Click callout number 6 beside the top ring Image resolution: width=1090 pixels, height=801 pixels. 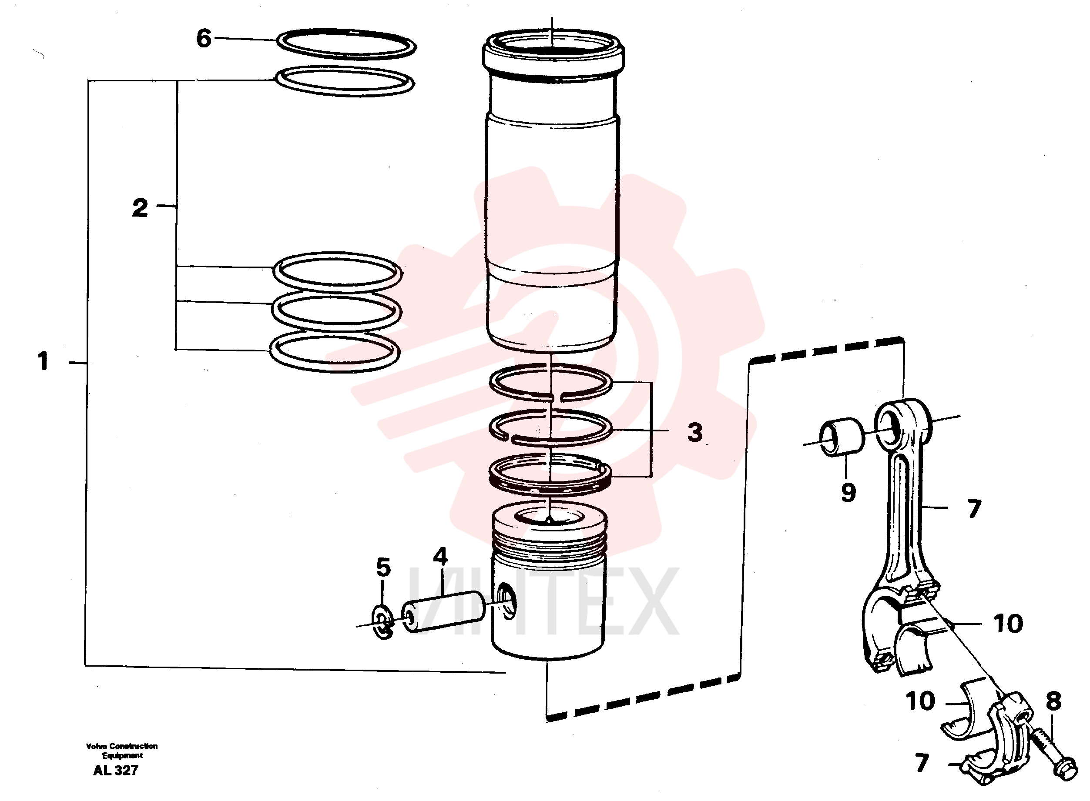(x=204, y=38)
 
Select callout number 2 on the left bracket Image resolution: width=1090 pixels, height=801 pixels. (x=140, y=208)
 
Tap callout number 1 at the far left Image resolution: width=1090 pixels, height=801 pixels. (x=43, y=361)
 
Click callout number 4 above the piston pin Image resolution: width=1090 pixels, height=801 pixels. (x=440, y=557)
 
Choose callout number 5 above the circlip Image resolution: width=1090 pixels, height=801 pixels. (x=383, y=567)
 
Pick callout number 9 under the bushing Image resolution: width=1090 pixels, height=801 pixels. (x=848, y=493)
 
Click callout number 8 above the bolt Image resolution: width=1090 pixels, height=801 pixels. (x=1053, y=701)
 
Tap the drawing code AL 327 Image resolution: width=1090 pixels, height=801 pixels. (x=116, y=770)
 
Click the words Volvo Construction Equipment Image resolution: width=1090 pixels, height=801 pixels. (x=122, y=751)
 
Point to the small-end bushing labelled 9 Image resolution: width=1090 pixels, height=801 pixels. (x=842, y=437)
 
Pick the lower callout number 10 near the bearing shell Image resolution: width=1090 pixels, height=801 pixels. (x=920, y=701)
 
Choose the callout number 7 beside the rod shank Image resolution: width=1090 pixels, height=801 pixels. (x=974, y=509)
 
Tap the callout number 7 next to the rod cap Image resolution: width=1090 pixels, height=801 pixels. (x=922, y=763)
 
